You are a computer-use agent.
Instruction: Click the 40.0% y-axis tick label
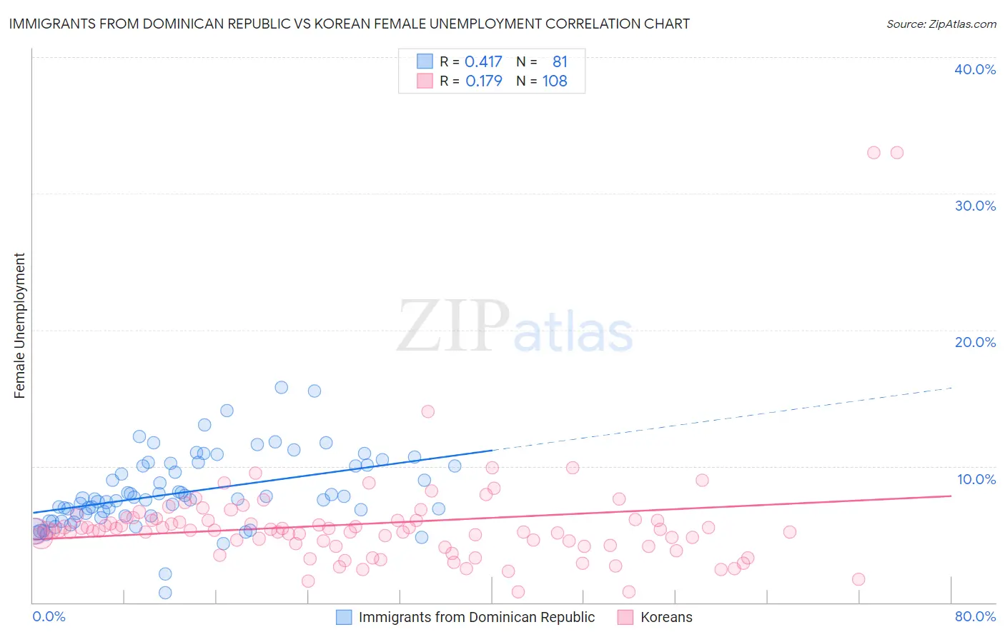tap(975, 69)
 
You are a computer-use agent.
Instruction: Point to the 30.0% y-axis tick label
tap(975, 206)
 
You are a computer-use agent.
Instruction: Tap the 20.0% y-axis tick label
tap(975, 342)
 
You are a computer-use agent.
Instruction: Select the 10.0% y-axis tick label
tap(975, 479)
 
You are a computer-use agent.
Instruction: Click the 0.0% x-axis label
tap(49, 616)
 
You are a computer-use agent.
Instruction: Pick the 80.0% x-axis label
tap(975, 616)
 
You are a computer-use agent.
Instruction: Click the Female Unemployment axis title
tap(19, 326)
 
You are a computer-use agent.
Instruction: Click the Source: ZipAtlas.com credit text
tap(941, 24)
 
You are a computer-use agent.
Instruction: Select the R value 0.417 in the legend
tap(483, 62)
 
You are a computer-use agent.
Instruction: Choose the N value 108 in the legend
tap(555, 81)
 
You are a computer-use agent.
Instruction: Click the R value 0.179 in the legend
tap(483, 81)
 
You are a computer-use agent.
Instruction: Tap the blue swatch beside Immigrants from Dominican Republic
tap(344, 617)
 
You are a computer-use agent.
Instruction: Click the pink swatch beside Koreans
tap(625, 617)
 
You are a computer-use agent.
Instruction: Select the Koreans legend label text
tap(666, 617)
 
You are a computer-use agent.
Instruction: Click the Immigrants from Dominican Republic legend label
tap(476, 617)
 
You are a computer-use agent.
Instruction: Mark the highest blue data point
tap(282, 387)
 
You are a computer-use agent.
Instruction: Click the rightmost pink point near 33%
tap(896, 152)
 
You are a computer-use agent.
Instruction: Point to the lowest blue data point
tap(165, 593)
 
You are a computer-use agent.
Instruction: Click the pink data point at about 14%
tap(428, 411)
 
